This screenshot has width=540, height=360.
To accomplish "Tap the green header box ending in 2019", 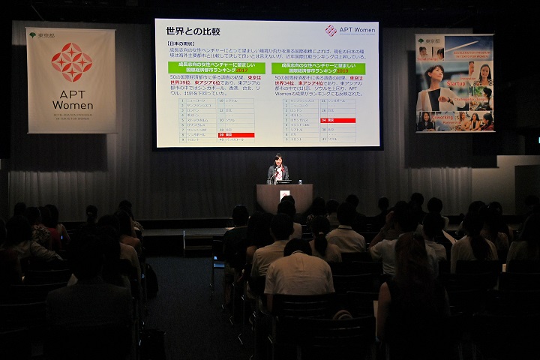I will coord(318,68).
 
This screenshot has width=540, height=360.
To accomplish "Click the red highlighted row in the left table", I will coord(235,135).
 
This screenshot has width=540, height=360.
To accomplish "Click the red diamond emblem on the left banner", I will coord(72,62).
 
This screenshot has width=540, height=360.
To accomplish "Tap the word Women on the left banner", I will coord(72,104).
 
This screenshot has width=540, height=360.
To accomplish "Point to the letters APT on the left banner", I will coord(72,91).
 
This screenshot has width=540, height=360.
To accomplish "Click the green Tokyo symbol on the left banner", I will coord(32,34).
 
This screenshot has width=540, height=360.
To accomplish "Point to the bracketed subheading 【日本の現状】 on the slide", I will coord(179,44).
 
